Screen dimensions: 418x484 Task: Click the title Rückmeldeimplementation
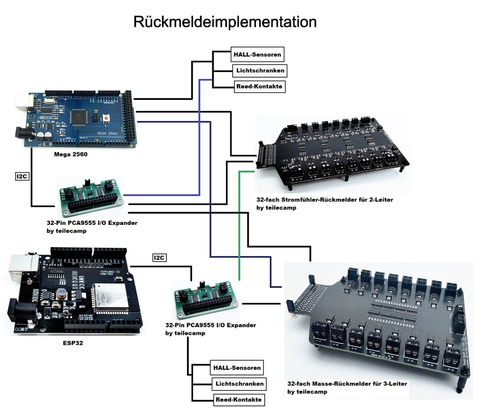click(x=224, y=22)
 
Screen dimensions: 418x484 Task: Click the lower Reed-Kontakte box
click(x=238, y=400)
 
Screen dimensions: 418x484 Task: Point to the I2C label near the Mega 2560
click(x=22, y=176)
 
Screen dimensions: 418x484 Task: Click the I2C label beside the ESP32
click(x=159, y=258)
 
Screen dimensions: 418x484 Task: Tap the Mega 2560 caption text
click(x=71, y=154)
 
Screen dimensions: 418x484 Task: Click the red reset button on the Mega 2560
click(x=107, y=118)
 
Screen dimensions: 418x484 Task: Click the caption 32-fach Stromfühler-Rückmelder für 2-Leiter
click(x=325, y=200)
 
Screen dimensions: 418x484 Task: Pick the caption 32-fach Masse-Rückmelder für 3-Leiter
click(x=347, y=384)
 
